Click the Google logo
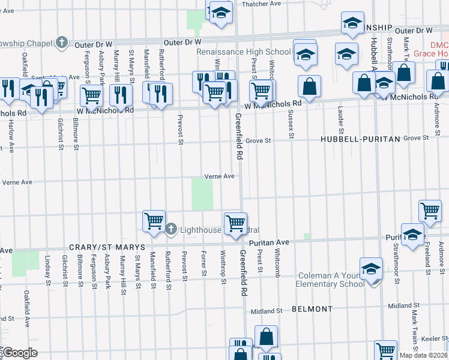click(x=19, y=353)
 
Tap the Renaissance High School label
click(x=244, y=52)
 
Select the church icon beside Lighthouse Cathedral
click(x=171, y=229)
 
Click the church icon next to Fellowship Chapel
click(x=61, y=42)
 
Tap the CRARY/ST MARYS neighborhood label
click(x=107, y=247)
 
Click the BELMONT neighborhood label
click(x=312, y=309)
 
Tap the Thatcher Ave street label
click(x=261, y=4)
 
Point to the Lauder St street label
click(x=340, y=120)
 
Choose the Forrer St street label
click(x=204, y=264)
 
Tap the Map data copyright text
click(x=424, y=355)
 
